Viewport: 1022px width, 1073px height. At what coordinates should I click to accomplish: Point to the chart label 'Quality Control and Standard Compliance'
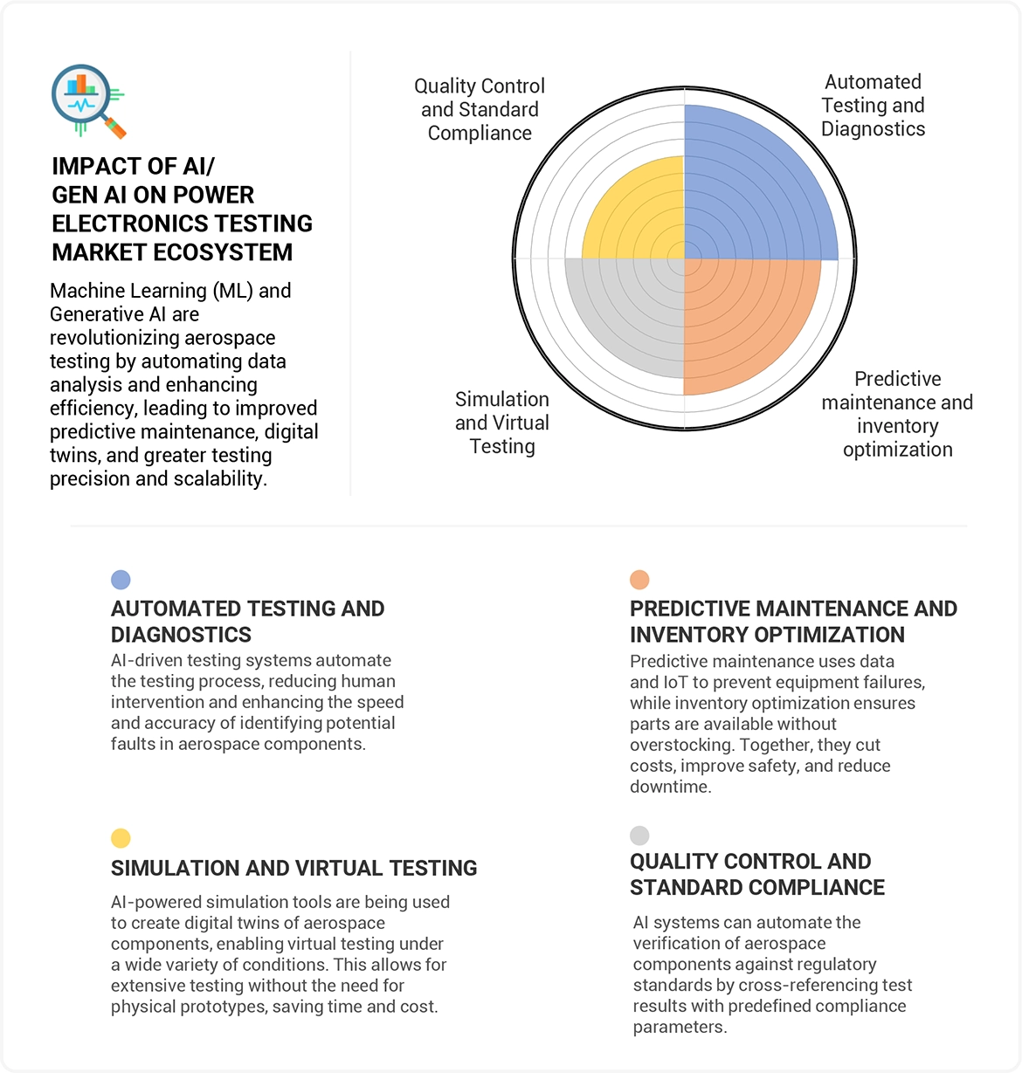coord(480,110)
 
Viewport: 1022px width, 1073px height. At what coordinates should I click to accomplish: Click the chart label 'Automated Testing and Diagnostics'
coord(873,106)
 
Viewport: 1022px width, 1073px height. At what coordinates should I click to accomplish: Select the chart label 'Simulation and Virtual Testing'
coord(502,423)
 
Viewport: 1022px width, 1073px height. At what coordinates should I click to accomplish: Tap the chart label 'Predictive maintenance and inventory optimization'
coord(897,414)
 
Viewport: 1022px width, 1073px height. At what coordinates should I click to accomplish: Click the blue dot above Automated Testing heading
coord(121,580)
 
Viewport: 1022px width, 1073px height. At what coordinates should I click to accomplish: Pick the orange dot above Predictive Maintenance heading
coord(639,580)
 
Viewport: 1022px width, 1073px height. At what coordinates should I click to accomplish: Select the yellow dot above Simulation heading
coord(121,838)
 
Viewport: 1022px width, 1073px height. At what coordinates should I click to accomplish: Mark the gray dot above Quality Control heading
coord(639,836)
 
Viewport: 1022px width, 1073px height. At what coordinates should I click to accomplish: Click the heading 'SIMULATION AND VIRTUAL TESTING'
coord(293,868)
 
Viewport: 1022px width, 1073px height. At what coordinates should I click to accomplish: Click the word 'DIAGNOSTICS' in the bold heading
coord(181,635)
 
